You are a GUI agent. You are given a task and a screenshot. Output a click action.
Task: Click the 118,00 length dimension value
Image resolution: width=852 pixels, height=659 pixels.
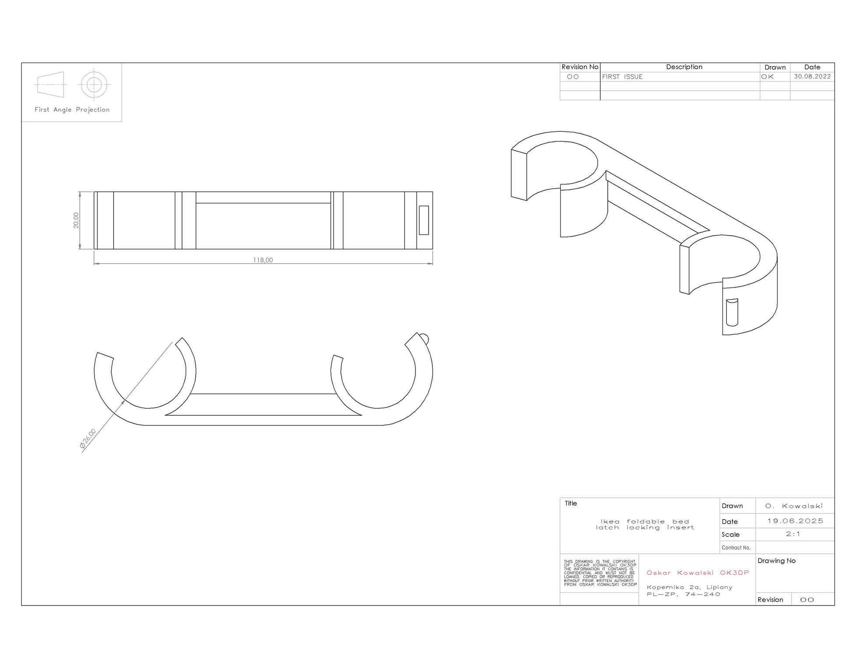[263, 260]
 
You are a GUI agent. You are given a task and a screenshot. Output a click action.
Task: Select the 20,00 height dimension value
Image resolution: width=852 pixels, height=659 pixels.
[76, 220]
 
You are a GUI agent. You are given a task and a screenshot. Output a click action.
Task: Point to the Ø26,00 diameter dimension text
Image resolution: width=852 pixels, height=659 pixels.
[88, 439]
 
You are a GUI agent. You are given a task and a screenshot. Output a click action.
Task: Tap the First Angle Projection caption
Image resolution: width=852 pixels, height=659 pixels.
[72, 110]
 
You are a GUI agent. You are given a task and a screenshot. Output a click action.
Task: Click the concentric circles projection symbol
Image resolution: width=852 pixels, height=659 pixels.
[94, 85]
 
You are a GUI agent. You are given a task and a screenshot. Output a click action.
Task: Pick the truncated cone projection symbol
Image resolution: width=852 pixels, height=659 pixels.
[51, 85]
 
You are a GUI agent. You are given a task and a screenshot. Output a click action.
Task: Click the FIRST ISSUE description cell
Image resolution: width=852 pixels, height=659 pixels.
[622, 77]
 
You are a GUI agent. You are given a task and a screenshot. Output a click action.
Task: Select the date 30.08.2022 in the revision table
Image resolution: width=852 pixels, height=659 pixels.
[812, 76]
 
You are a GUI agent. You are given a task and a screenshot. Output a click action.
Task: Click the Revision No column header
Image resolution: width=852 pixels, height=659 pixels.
[580, 67]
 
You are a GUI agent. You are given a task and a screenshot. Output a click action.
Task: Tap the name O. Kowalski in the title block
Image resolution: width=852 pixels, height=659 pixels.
[794, 506]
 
